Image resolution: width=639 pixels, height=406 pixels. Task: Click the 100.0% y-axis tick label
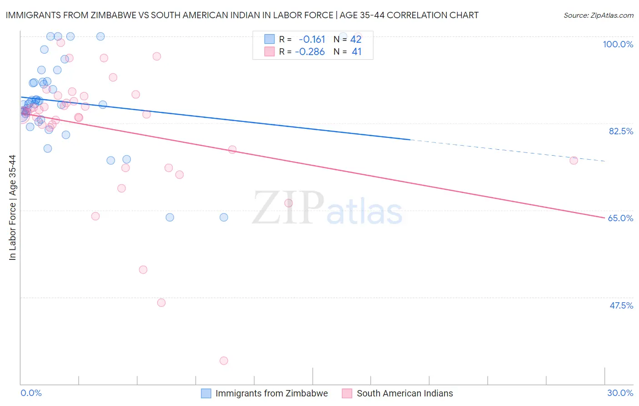(x=618, y=44)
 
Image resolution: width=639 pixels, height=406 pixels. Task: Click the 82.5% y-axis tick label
(x=621, y=131)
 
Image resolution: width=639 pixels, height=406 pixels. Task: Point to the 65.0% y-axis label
(x=620, y=218)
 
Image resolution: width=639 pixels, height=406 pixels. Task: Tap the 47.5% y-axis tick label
(x=621, y=305)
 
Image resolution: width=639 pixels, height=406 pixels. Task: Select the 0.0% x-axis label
(x=31, y=393)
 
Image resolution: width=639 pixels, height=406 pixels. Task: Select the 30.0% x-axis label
(x=620, y=393)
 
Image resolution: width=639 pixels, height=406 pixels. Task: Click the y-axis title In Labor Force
(x=12, y=208)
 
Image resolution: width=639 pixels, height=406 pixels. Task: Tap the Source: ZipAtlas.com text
(x=598, y=15)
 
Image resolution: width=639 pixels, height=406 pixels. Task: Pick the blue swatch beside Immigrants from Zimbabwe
(x=206, y=393)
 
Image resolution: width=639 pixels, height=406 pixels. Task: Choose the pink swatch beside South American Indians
(x=347, y=393)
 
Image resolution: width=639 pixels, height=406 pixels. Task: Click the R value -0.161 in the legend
(x=312, y=39)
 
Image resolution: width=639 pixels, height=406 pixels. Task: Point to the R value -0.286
(x=310, y=52)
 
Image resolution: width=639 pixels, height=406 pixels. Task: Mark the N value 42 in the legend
(x=356, y=39)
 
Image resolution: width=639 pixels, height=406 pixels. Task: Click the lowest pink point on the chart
(x=224, y=360)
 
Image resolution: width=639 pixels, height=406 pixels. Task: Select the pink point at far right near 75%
(x=574, y=160)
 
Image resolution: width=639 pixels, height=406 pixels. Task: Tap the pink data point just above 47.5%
(x=161, y=303)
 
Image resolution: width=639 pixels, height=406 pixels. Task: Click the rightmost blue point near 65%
(x=224, y=217)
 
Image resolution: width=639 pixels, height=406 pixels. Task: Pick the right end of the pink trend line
(x=604, y=218)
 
